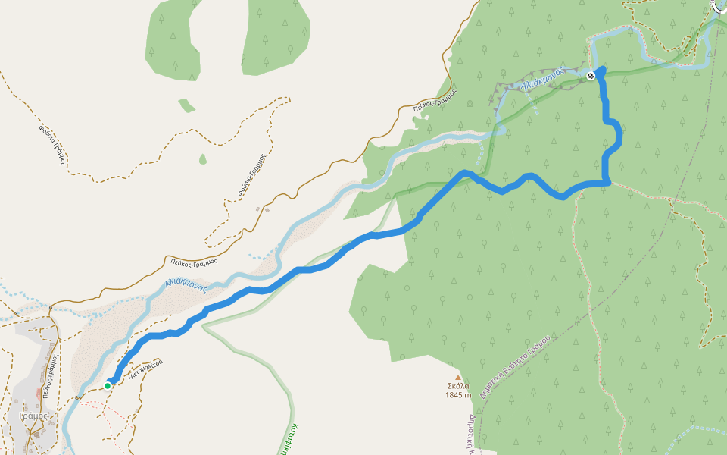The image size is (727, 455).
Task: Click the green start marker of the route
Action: (x=108, y=385)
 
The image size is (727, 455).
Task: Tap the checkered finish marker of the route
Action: (x=591, y=75)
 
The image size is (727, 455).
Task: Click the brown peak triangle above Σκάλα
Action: (x=457, y=377)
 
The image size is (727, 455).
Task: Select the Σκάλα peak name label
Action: (x=457, y=386)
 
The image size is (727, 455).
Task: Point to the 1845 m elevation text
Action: (x=457, y=395)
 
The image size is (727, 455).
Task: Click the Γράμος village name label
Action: (x=33, y=416)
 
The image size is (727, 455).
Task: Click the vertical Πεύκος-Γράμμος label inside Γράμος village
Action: (x=50, y=376)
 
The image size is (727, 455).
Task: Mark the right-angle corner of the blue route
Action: (x=608, y=183)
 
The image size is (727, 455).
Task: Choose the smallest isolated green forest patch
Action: (x=202, y=158)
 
